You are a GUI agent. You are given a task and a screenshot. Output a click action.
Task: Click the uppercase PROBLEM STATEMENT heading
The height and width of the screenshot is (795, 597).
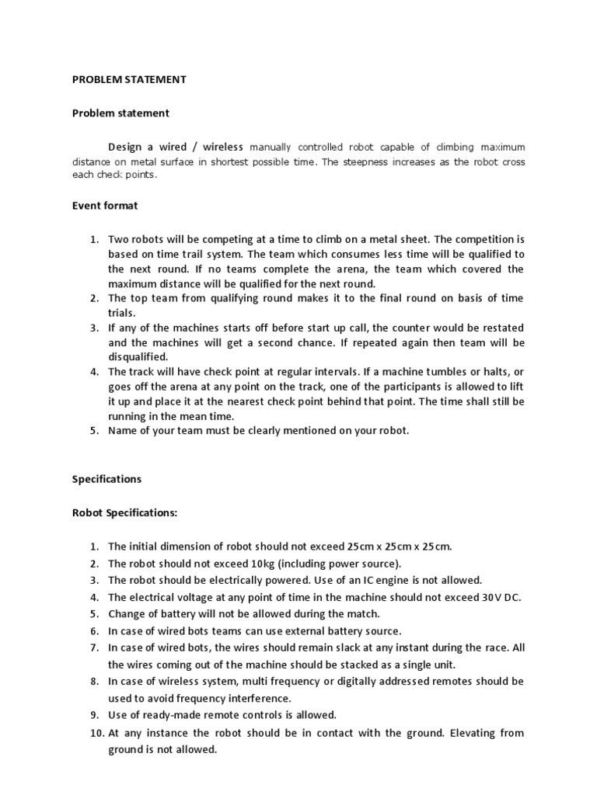(x=129, y=79)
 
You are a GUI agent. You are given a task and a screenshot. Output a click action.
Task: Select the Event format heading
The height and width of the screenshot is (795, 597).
(x=105, y=206)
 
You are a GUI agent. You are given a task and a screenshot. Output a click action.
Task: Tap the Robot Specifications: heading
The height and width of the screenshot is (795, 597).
(x=124, y=512)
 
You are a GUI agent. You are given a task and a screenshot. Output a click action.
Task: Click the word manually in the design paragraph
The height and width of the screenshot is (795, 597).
(x=274, y=147)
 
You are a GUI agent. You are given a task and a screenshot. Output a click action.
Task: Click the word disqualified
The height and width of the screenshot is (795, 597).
(x=138, y=357)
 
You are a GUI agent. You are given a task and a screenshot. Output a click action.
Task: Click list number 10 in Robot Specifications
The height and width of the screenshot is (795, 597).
(x=94, y=733)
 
